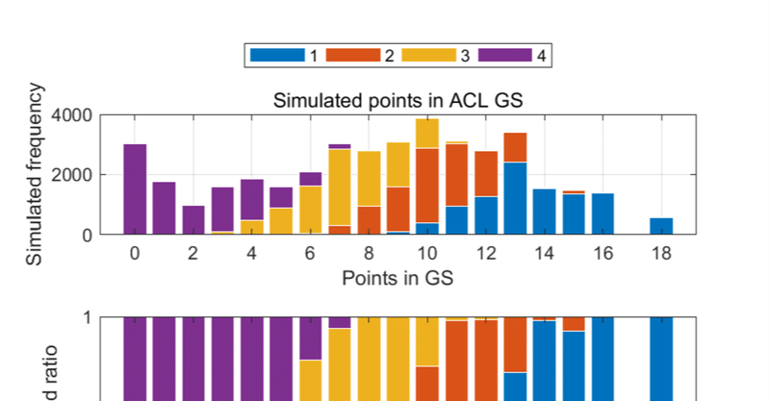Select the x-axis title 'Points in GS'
[397, 279]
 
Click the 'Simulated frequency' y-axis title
[37, 175]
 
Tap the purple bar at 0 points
[135, 189]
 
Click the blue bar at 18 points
[661, 226]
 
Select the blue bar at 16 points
[603, 213]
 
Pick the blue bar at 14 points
[544, 212]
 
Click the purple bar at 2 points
[193, 220]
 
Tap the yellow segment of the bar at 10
[427, 134]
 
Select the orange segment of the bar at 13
[515, 147]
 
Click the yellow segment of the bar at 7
[339, 188]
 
